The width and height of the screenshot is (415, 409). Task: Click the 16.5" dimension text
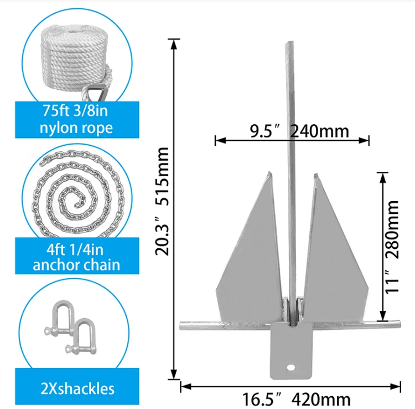pos(263,398)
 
